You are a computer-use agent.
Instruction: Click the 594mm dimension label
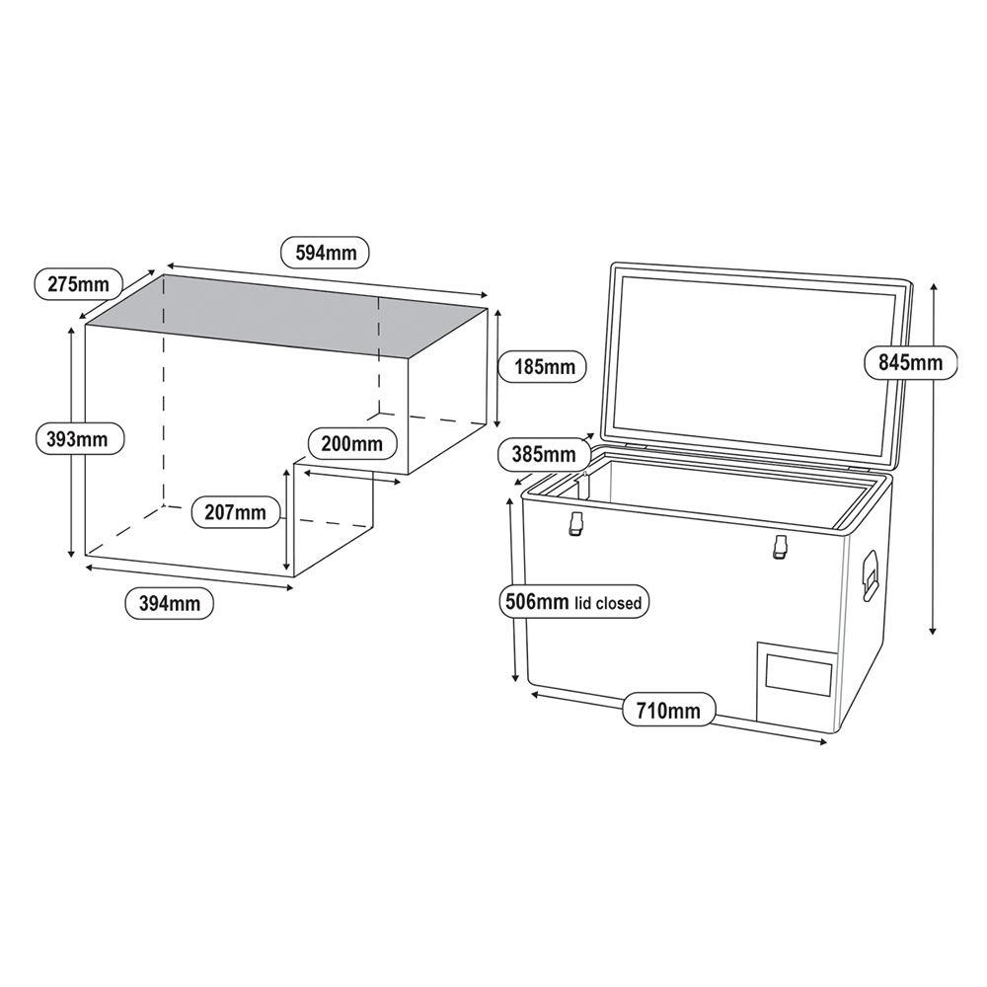coord(325,252)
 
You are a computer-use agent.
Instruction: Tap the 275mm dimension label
coord(78,284)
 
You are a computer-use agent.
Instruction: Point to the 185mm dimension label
coord(544,367)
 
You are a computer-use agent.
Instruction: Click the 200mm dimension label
coord(351,443)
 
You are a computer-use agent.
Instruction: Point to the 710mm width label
coord(668,711)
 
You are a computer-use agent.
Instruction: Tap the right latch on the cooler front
coord(781,546)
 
